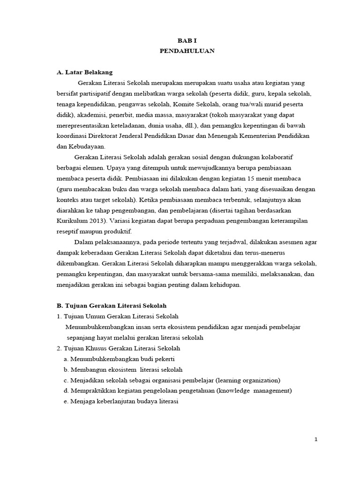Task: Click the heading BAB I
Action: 187,41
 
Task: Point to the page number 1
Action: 316,439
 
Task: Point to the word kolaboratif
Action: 274,157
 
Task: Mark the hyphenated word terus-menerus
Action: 267,253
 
